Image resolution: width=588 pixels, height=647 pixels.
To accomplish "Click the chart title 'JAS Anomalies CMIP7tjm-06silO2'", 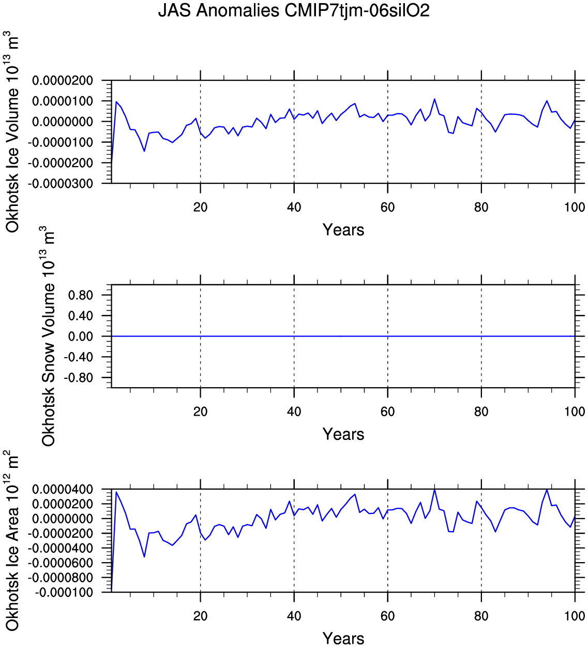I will coord(294,11).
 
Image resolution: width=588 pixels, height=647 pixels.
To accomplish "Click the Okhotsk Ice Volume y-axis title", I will coord(12,132).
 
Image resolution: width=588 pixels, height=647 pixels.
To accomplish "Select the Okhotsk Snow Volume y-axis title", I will coord(49,336).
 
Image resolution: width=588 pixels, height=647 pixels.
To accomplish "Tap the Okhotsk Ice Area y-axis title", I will coord(12,540).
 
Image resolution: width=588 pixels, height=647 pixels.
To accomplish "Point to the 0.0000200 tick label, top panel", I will coord(63,81).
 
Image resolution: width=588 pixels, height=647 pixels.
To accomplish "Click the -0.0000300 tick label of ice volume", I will coord(63,184).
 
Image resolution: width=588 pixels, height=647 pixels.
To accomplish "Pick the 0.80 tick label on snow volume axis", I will coord(80,296).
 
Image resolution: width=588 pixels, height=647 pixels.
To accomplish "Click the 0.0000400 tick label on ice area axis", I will coord(63,490).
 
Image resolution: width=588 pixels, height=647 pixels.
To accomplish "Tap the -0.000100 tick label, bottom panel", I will coord(64,592).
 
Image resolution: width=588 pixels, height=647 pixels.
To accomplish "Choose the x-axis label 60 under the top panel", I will coord(387,208).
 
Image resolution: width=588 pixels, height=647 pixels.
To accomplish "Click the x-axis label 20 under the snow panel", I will coord(200,412).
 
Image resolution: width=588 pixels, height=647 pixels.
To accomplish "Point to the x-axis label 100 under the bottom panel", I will coord(575,616).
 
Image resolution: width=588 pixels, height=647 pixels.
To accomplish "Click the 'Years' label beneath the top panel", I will coord(343,230).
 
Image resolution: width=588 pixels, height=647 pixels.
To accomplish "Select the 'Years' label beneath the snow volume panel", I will coord(343,434).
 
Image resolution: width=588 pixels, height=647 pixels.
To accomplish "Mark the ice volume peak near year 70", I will coord(434,99).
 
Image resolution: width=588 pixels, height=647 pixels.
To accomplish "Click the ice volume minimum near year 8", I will coord(144,151).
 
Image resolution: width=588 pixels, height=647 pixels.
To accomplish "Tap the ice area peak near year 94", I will coord(547,489).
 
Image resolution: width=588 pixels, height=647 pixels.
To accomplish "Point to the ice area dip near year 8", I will coord(144,556).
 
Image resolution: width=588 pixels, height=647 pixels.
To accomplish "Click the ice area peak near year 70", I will coord(434,490).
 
